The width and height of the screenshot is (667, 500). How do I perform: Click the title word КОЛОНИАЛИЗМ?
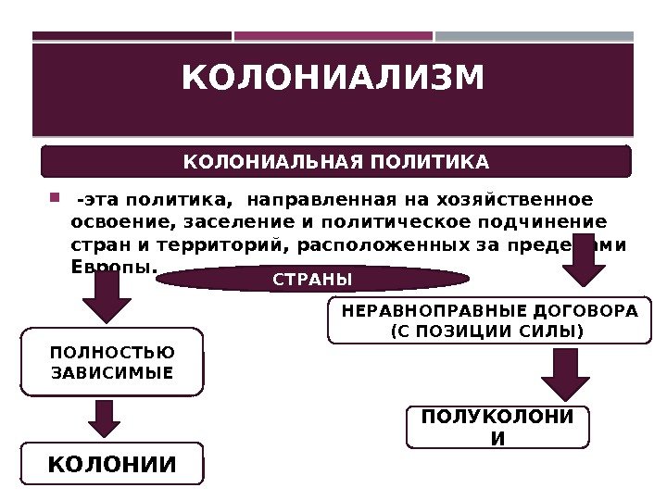(x=333, y=79)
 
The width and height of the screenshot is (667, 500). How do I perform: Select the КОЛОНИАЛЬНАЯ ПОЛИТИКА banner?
(x=336, y=162)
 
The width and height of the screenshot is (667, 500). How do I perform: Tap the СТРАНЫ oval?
(x=313, y=279)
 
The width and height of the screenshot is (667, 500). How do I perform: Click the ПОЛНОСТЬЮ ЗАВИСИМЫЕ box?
(x=111, y=362)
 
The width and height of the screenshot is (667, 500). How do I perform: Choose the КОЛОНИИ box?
(x=111, y=464)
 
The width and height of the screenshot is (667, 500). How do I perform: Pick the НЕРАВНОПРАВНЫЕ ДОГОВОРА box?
(x=489, y=320)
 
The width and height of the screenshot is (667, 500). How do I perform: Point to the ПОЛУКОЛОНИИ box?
(x=497, y=427)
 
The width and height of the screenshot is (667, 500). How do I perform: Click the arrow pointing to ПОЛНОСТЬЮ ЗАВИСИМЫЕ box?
(x=107, y=298)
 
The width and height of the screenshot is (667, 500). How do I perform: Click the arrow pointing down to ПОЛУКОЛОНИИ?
(x=565, y=375)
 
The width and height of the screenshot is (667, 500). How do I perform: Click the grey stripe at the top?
(x=535, y=37)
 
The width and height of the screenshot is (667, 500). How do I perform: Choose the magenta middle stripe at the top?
(x=333, y=37)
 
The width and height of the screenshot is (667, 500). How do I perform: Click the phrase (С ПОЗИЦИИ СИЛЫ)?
(x=489, y=330)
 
